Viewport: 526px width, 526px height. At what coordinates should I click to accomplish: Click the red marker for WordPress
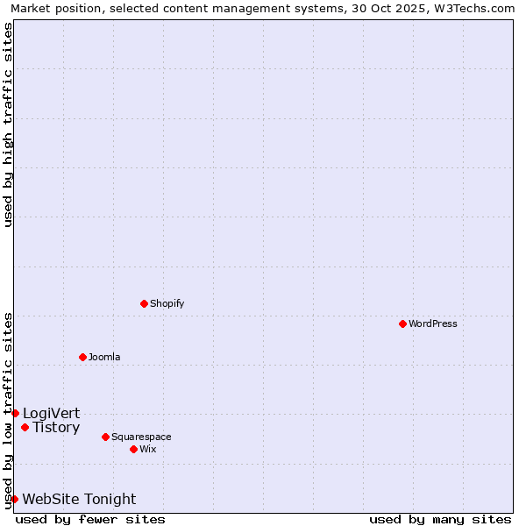click(402, 323)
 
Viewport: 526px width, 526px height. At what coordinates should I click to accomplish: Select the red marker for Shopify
click(144, 303)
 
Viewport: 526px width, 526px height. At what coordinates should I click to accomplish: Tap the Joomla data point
click(82, 357)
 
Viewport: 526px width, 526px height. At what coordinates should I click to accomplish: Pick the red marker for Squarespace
click(105, 437)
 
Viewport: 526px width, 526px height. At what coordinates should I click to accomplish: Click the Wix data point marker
click(133, 449)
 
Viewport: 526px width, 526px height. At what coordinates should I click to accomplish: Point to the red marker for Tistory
click(25, 428)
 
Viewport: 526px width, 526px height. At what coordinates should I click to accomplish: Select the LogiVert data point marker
click(15, 413)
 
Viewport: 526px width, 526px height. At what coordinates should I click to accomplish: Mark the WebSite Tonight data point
click(14, 499)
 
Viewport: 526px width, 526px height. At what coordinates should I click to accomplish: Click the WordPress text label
click(433, 323)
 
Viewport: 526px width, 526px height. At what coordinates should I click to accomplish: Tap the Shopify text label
click(167, 303)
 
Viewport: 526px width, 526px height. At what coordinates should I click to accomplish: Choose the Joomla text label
click(104, 357)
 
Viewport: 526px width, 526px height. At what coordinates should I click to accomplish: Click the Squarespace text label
click(141, 437)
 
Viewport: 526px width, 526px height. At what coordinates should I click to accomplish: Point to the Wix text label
click(147, 449)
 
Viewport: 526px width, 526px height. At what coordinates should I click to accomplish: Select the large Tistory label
click(56, 428)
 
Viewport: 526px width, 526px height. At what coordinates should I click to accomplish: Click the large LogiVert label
click(51, 413)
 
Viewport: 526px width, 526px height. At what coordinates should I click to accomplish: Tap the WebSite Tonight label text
click(79, 499)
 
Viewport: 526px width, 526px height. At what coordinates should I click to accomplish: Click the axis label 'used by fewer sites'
click(90, 519)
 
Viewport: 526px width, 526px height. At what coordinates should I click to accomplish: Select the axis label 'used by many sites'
click(439, 519)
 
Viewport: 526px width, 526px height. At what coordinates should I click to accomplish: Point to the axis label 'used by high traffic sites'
click(9, 124)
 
